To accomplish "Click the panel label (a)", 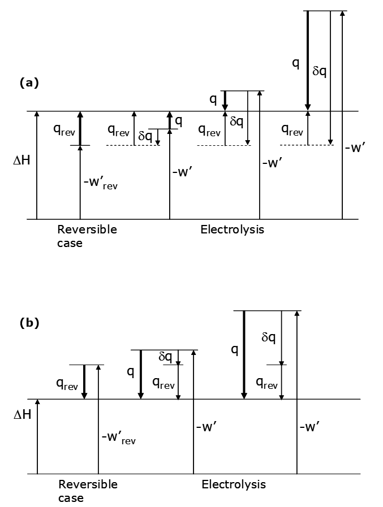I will click(29, 83).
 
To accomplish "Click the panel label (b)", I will click(29, 323).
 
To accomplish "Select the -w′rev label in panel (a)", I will click(100, 184).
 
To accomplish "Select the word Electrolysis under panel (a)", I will click(232, 230).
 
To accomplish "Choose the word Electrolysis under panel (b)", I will click(233, 484).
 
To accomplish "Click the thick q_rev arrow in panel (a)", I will click(80, 129).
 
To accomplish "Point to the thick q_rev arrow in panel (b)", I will click(84, 382).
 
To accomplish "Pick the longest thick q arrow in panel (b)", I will click(243, 355).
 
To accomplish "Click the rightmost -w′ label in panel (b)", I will click(310, 427).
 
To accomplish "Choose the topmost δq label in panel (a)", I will click(320, 72).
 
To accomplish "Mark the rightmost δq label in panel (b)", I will click(269, 337).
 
